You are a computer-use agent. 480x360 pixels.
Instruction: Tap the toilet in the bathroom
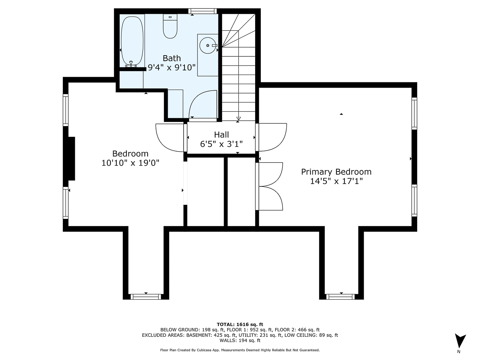pyautogui.click(x=170, y=26)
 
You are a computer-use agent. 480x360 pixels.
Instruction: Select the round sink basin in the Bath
pyautogui.click(x=208, y=46)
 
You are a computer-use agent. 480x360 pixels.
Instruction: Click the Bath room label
pyautogui.click(x=172, y=58)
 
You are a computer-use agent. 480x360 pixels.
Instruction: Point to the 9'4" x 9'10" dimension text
pyautogui.click(x=172, y=68)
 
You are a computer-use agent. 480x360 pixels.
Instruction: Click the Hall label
pyautogui.click(x=221, y=135)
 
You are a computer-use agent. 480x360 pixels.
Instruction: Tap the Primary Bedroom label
pyautogui.click(x=336, y=172)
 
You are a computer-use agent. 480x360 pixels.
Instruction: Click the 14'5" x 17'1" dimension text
pyautogui.click(x=336, y=181)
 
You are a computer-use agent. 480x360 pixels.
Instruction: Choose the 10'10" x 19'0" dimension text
pyautogui.click(x=130, y=163)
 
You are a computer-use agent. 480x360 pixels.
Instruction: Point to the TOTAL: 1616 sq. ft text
pyautogui.click(x=240, y=324)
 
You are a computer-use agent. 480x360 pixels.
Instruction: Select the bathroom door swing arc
pyautogui.click(x=202, y=104)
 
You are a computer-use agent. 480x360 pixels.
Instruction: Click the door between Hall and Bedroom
pyautogui.click(x=170, y=137)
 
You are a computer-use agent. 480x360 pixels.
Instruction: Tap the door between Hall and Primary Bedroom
pyautogui.click(x=272, y=137)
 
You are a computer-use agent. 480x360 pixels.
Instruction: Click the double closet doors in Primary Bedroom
pyautogui.click(x=270, y=186)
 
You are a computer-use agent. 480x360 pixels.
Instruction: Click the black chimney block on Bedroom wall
pyautogui.click(x=71, y=158)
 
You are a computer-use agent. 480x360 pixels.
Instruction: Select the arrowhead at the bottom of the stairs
pyautogui.click(x=238, y=118)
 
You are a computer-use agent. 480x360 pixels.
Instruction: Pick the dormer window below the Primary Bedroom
pyautogui.click(x=341, y=296)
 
